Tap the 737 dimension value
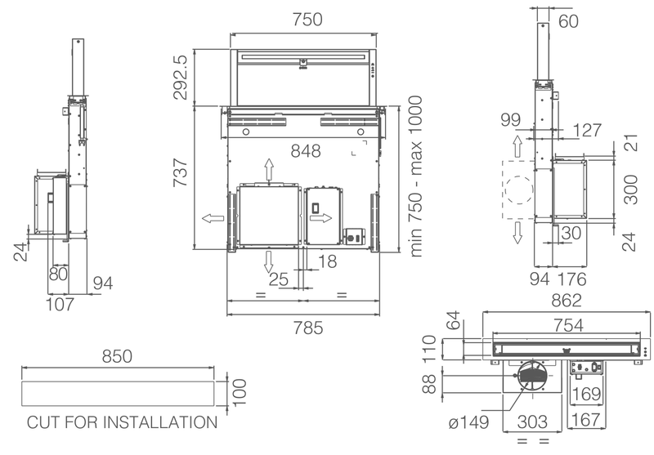(x=181, y=173)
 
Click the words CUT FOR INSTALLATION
(x=123, y=422)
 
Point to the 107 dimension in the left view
(x=58, y=305)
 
